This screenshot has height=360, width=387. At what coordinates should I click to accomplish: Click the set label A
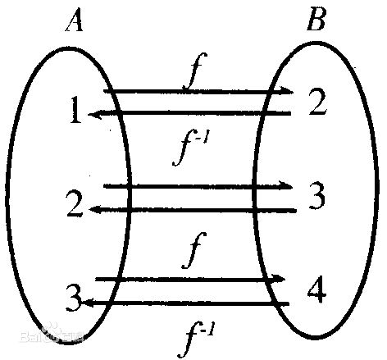point(74,21)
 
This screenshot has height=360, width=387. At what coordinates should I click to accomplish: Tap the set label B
point(316,21)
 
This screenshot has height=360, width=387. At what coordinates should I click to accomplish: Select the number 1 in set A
point(75,110)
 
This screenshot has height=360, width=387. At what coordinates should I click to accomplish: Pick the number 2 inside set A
point(75,203)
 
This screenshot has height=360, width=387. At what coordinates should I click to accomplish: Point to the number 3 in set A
point(74,298)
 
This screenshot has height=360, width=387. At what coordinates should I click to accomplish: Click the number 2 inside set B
point(318,102)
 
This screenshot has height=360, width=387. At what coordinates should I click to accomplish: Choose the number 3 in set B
point(317,195)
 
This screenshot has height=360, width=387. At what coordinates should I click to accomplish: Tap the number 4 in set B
point(316,289)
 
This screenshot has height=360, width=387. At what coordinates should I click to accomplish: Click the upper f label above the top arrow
point(195,71)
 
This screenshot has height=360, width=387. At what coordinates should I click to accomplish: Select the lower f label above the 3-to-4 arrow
point(194,250)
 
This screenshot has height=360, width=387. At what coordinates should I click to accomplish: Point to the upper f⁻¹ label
point(191,147)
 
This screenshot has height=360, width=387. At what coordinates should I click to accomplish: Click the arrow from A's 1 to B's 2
point(198,92)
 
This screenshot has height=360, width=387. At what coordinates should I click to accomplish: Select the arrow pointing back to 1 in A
point(189,113)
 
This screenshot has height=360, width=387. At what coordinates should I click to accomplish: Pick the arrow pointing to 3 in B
point(198,186)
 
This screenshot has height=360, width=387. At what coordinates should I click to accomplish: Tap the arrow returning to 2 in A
point(193,211)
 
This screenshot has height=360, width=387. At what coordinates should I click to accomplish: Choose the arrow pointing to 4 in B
point(190,280)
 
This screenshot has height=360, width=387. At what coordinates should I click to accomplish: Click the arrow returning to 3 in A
point(185,303)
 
